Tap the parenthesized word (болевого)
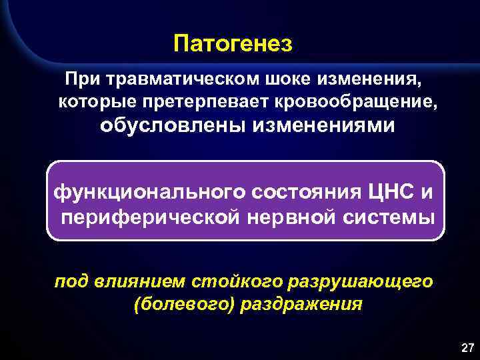173,305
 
